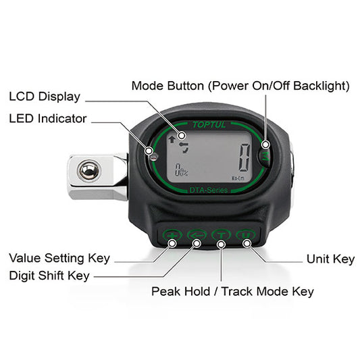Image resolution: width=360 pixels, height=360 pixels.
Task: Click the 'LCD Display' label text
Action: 45,97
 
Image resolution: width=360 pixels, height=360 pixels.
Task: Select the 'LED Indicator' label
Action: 48,118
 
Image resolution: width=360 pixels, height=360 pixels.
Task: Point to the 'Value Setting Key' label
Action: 59,258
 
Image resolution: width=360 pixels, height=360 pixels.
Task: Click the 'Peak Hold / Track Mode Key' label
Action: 232,291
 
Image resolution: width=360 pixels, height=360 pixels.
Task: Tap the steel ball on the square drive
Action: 88,172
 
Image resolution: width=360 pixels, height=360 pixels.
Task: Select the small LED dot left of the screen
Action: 154,157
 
